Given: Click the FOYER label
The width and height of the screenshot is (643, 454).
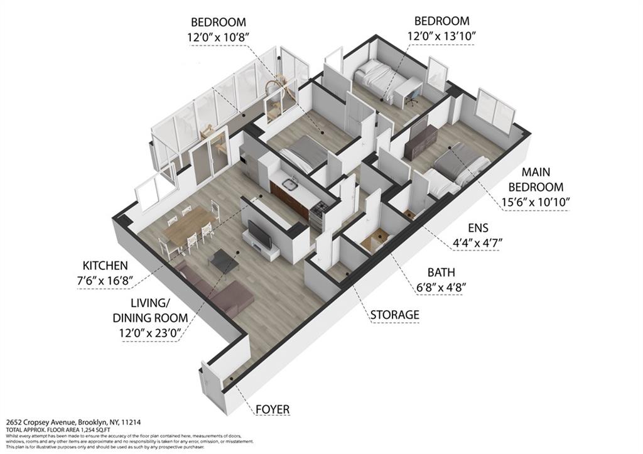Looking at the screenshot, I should click(273, 409).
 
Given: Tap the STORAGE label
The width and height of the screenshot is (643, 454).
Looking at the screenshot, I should click(394, 314).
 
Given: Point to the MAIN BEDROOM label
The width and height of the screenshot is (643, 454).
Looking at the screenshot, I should click(536, 179).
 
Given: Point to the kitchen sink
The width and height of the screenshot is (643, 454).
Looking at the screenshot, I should click(289, 184).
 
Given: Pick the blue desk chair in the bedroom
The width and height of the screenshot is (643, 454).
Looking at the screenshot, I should click(412, 95).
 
